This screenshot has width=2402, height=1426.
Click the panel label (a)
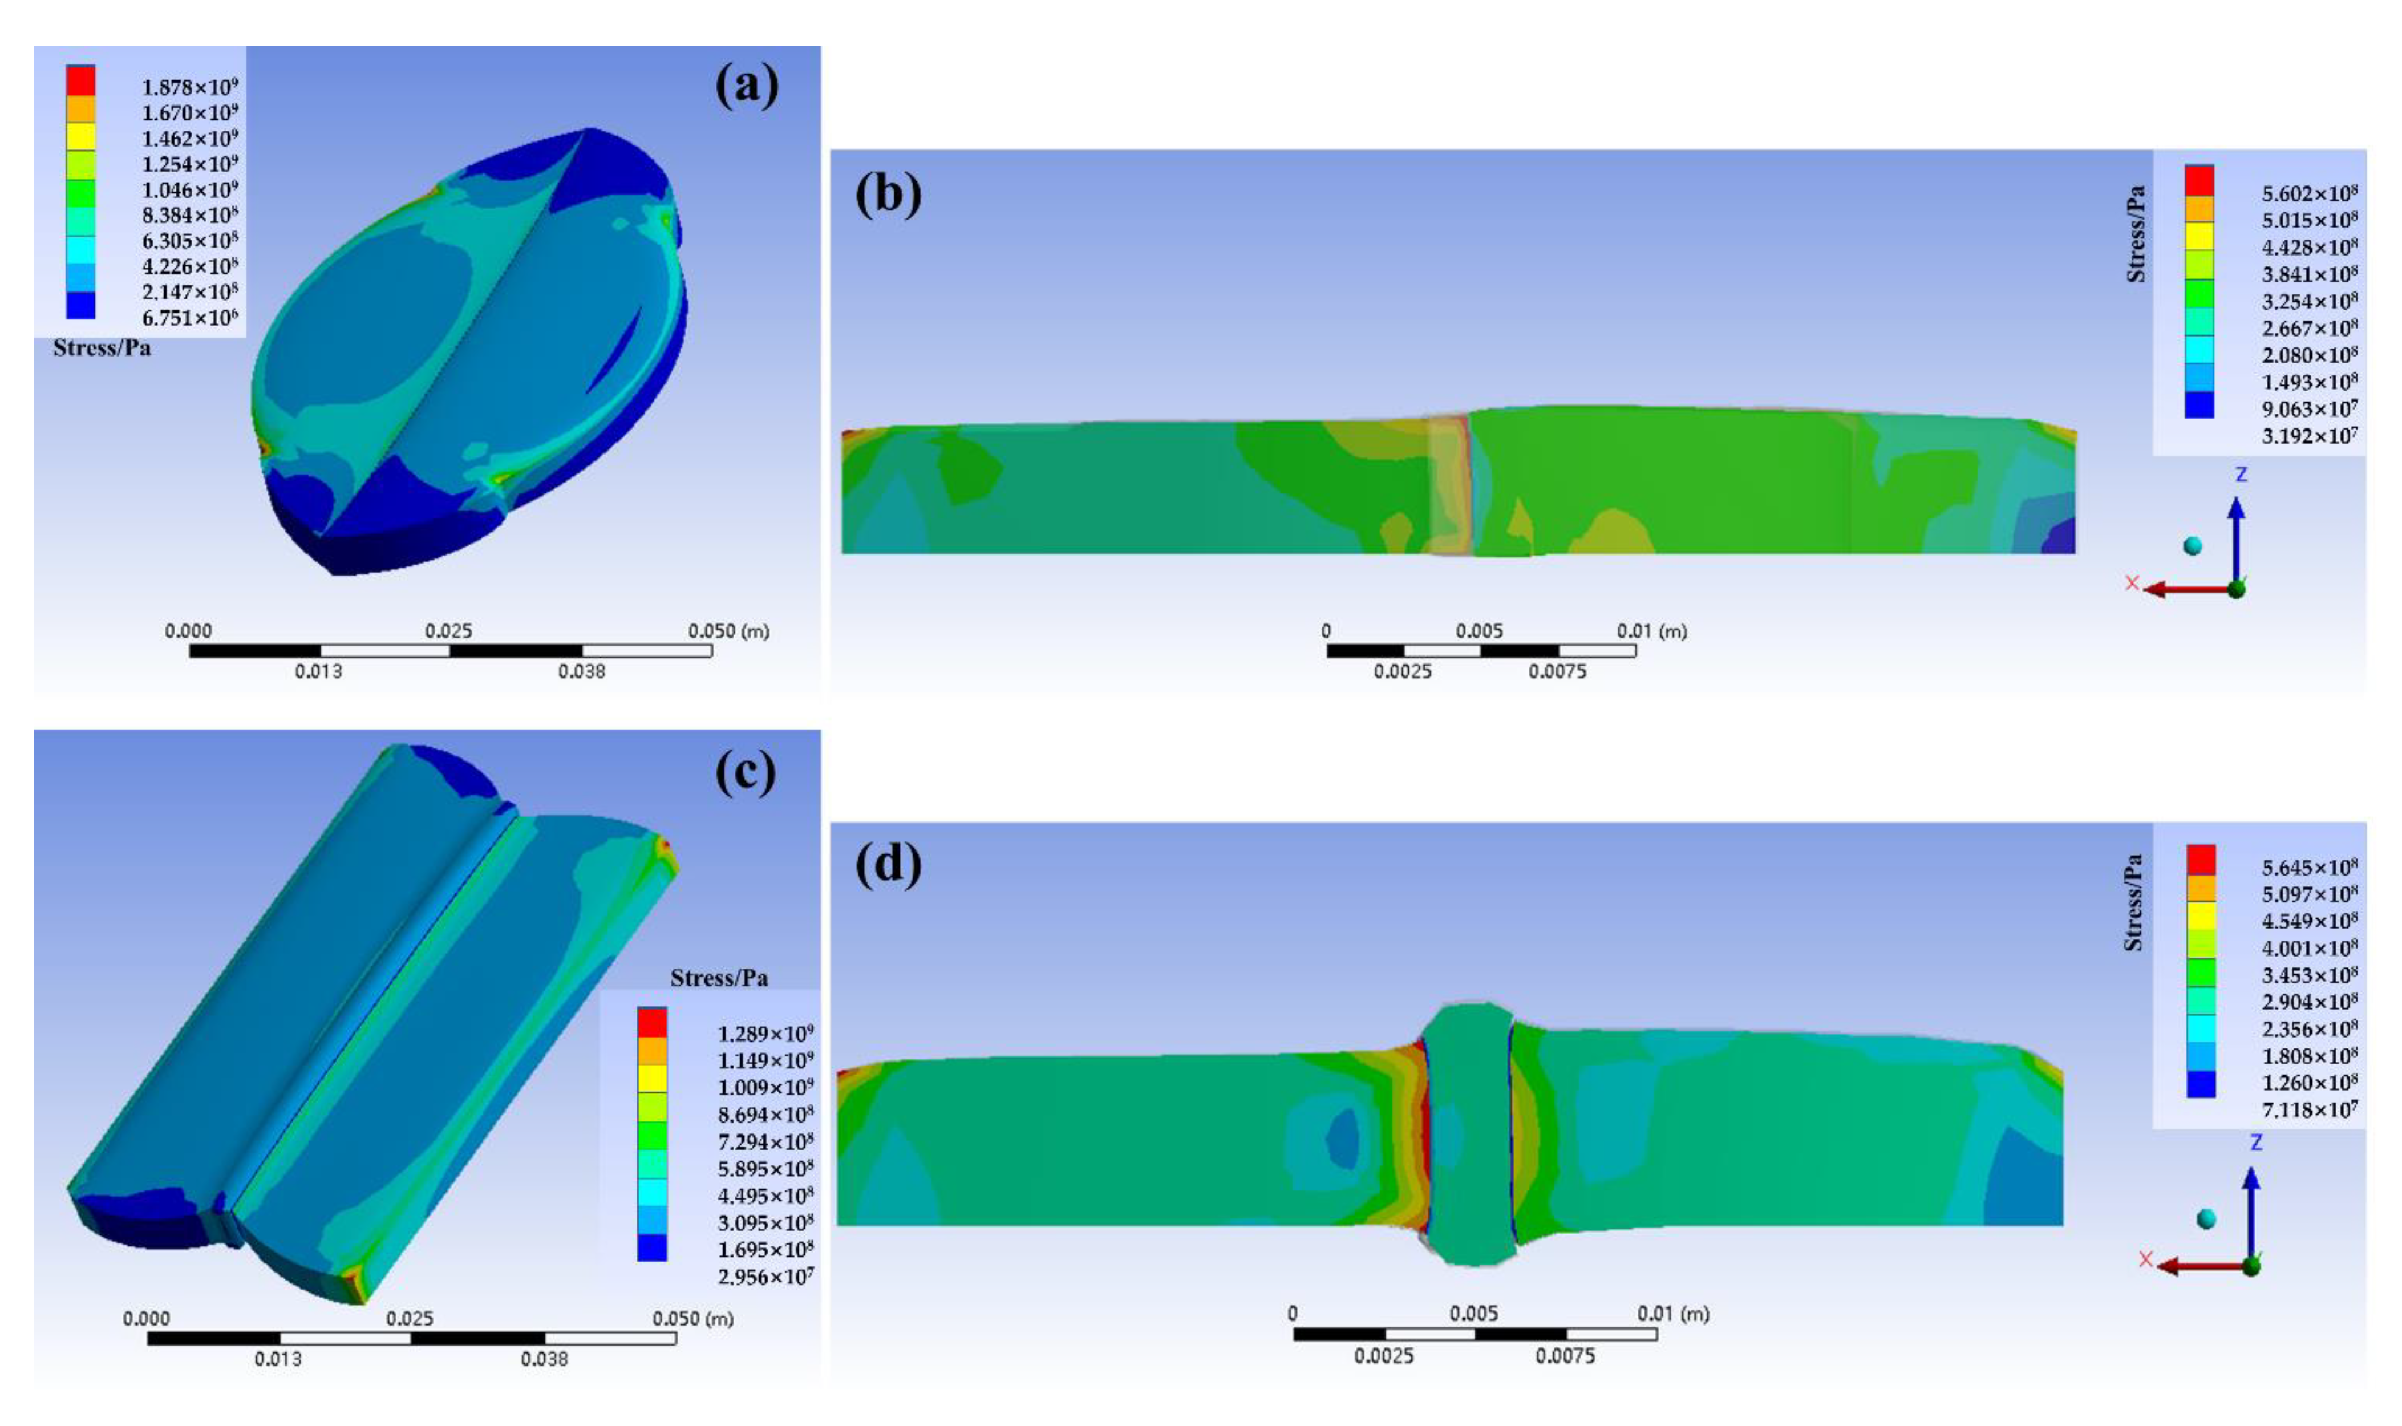(747, 87)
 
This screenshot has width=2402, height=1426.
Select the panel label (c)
(744, 773)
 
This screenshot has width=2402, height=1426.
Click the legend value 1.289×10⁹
(765, 1034)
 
